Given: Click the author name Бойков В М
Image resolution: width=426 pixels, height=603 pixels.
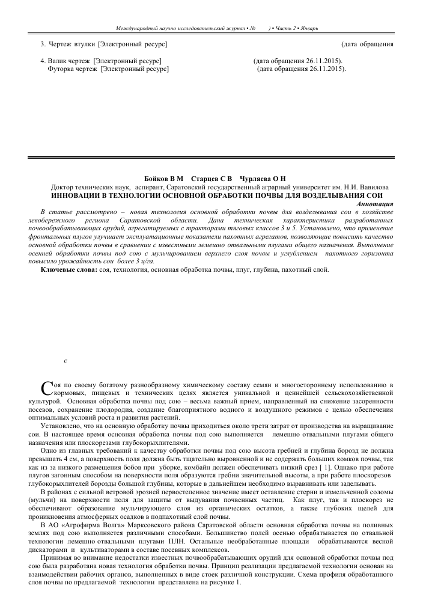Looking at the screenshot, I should click(163, 180).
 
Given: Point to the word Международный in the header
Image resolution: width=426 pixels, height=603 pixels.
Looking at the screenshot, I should click(138, 29).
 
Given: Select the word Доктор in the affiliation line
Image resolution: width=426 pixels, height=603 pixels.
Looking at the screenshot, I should click(64, 188).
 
